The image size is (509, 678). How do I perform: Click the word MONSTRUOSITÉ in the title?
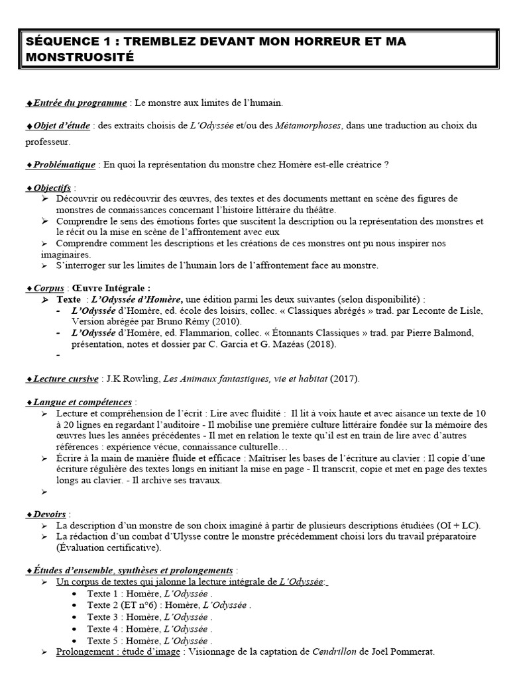pos(80,57)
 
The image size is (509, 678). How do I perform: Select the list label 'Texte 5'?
pos(103,641)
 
